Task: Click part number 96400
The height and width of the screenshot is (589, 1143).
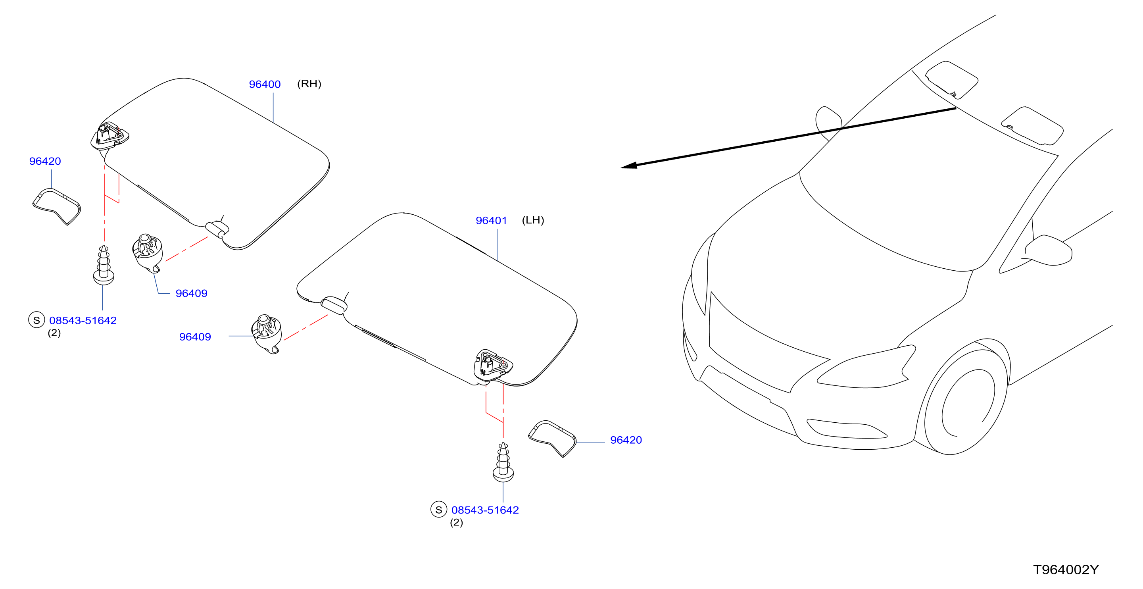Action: pyautogui.click(x=265, y=84)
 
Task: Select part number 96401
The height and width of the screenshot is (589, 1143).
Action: pyautogui.click(x=491, y=221)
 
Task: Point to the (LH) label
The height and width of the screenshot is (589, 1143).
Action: pyautogui.click(x=532, y=220)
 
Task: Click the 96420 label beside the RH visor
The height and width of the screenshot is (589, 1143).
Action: pyautogui.click(x=45, y=161)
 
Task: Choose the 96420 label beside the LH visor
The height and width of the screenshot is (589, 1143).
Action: pyautogui.click(x=626, y=440)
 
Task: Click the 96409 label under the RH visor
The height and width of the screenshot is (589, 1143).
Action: pyautogui.click(x=191, y=293)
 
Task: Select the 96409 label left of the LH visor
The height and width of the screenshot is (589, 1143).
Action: pyautogui.click(x=195, y=337)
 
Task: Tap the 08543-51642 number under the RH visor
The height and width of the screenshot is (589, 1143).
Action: pyautogui.click(x=83, y=320)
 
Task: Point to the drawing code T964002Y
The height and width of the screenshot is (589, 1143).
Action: pyautogui.click(x=1066, y=570)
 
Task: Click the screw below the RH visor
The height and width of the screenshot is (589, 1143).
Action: pyautogui.click(x=104, y=265)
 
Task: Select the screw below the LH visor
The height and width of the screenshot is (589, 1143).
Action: pyautogui.click(x=503, y=462)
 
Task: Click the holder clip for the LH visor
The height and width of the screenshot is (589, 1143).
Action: pyautogui.click(x=266, y=334)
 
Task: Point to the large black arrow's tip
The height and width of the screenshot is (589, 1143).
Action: pyautogui.click(x=621, y=167)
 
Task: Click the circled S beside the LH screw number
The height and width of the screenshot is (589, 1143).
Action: pyautogui.click(x=438, y=510)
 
